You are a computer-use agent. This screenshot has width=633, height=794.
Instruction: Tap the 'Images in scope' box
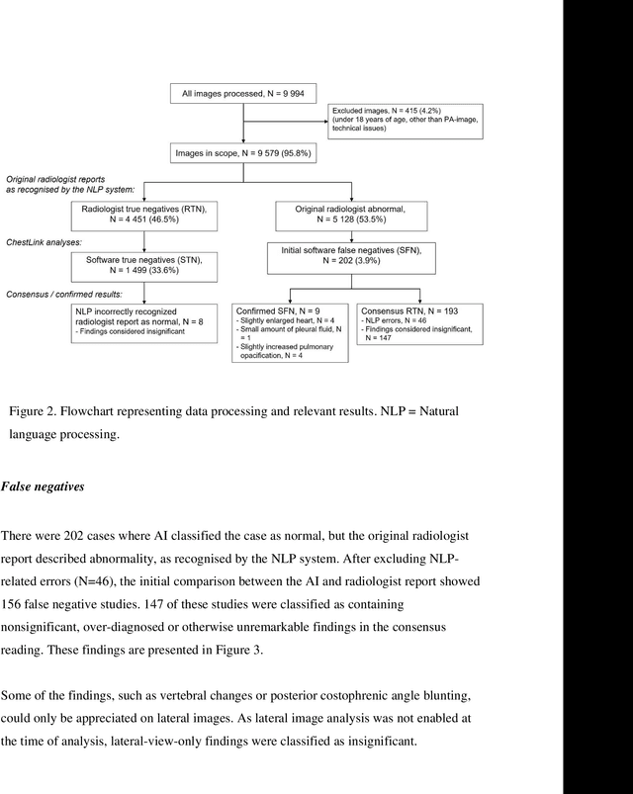coord(242,154)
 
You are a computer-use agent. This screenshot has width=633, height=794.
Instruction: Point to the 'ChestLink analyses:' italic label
coord(45,240)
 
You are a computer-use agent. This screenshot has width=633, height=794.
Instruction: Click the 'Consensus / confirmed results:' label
coord(68,294)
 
